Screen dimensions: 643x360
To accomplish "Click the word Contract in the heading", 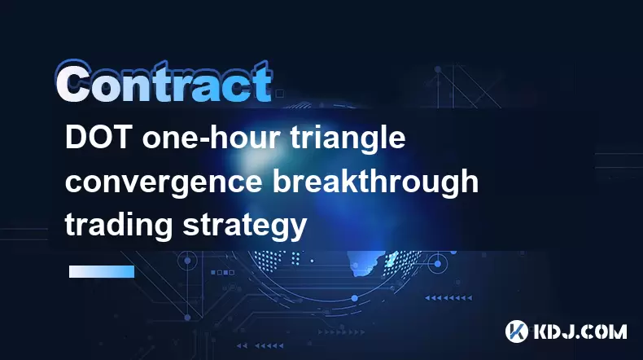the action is coord(164,82).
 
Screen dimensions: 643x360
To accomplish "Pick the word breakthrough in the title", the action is coord(376,181).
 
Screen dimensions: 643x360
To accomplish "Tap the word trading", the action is coord(119,225).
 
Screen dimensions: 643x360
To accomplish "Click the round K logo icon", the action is coord(517,331).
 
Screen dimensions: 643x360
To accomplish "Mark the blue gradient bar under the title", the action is coord(102,271).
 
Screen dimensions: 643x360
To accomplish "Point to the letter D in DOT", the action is coord(76,138).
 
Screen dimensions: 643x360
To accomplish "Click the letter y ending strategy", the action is coord(299,230).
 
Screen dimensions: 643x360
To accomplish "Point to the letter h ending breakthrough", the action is coord(470,181).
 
